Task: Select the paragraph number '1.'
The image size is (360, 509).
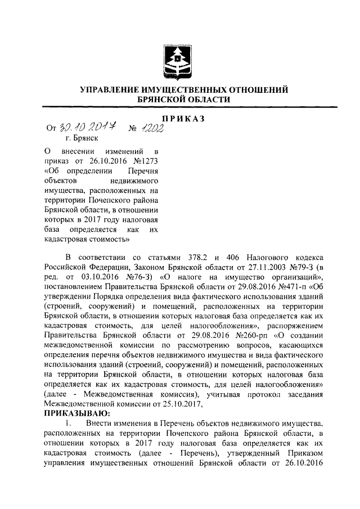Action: point(68,422)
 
